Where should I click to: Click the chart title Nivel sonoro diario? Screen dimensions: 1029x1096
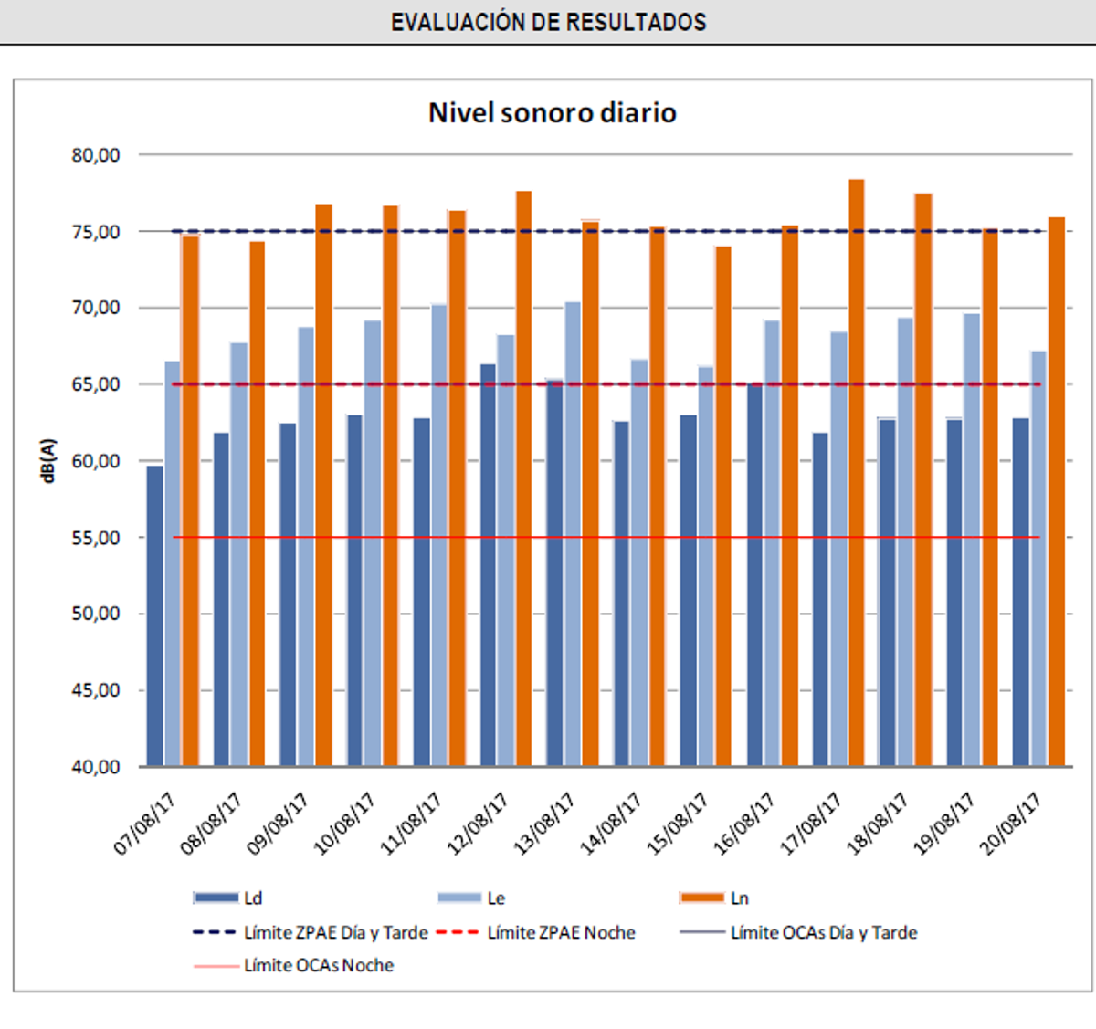(553, 113)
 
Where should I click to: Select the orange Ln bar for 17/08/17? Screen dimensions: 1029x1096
(857, 475)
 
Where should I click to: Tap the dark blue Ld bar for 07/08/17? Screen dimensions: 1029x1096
(155, 616)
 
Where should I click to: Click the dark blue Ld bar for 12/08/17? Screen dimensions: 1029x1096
(489, 566)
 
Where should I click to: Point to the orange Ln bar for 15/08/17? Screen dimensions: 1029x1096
(723, 507)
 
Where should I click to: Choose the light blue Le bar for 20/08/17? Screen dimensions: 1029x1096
(1038, 559)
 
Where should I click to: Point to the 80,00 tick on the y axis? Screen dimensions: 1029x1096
(97, 155)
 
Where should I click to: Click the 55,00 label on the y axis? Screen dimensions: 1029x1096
(97, 538)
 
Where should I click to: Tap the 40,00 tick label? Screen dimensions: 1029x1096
(97, 767)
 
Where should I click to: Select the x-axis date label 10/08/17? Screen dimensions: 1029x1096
(345, 824)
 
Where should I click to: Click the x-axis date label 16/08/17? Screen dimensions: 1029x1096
(744, 824)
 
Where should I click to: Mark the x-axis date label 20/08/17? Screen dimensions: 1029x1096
(1011, 824)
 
